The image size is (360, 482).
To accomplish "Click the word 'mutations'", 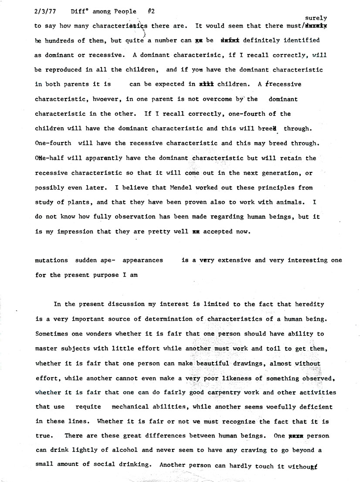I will tap(51, 260).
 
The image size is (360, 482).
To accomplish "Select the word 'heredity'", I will tap(309, 304).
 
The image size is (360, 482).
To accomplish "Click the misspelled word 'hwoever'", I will tap(106, 99).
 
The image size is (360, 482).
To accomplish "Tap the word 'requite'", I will tap(88, 407).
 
